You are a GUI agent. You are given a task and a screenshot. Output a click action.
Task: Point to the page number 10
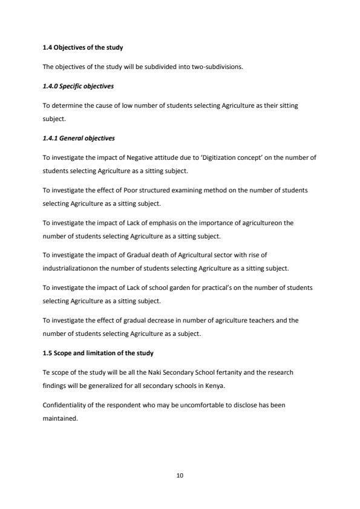tap(180, 476)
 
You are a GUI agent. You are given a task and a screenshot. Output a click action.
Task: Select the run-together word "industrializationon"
tap(70, 268)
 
